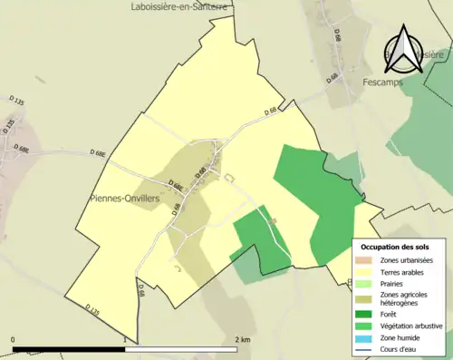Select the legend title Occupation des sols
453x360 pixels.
395,246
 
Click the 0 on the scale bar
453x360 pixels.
14,339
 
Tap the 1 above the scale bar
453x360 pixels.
124,339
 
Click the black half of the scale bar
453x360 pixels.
69,347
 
